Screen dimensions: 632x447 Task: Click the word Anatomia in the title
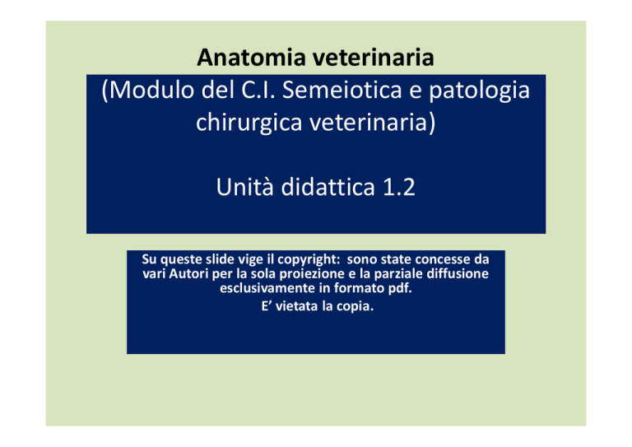pyautogui.click(x=252, y=58)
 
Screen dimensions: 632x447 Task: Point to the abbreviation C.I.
pyautogui.click(x=258, y=90)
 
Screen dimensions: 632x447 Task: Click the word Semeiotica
pyautogui.click(x=342, y=90)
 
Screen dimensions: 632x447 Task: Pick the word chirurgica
pyautogui.click(x=249, y=123)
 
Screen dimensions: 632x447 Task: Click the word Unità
pyautogui.click(x=244, y=187)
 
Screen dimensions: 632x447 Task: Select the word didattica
pyautogui.click(x=328, y=187)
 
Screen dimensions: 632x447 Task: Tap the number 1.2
pyautogui.click(x=398, y=188)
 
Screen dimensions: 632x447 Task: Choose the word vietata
pyautogui.click(x=297, y=306)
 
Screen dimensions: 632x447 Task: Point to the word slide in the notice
pyautogui.click(x=220, y=258)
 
